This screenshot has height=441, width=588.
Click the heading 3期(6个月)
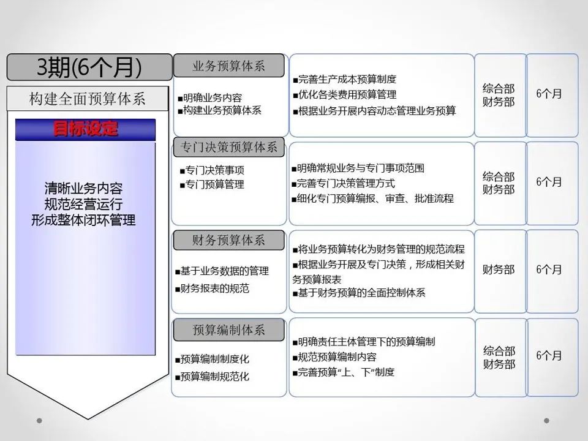pyautogui.click(x=89, y=67)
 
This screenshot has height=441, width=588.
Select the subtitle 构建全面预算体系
pyautogui.click(x=88, y=99)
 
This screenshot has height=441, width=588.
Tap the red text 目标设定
pyautogui.click(x=85, y=129)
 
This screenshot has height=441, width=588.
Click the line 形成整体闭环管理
pyautogui.click(x=83, y=220)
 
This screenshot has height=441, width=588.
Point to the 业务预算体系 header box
pyautogui.click(x=228, y=66)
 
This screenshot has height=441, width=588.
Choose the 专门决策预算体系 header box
pyautogui.click(x=228, y=147)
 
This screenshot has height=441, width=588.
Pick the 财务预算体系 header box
pyautogui.click(x=228, y=240)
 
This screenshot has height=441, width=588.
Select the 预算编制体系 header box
pyautogui.click(x=228, y=330)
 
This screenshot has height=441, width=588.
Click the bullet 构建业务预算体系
pyautogui.click(x=222, y=111)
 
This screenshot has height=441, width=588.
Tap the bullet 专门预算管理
pyautogui.click(x=215, y=184)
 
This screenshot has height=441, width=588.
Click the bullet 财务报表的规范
pyautogui.click(x=215, y=288)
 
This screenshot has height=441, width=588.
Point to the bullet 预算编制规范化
pyautogui.click(x=215, y=377)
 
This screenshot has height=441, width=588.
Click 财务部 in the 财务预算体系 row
pyautogui.click(x=499, y=269)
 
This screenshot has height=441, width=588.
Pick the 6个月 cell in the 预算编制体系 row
pyautogui.click(x=549, y=356)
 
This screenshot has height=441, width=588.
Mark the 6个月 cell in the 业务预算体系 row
pyautogui.click(x=549, y=94)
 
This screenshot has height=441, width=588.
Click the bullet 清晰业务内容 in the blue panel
pyautogui.click(x=83, y=188)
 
